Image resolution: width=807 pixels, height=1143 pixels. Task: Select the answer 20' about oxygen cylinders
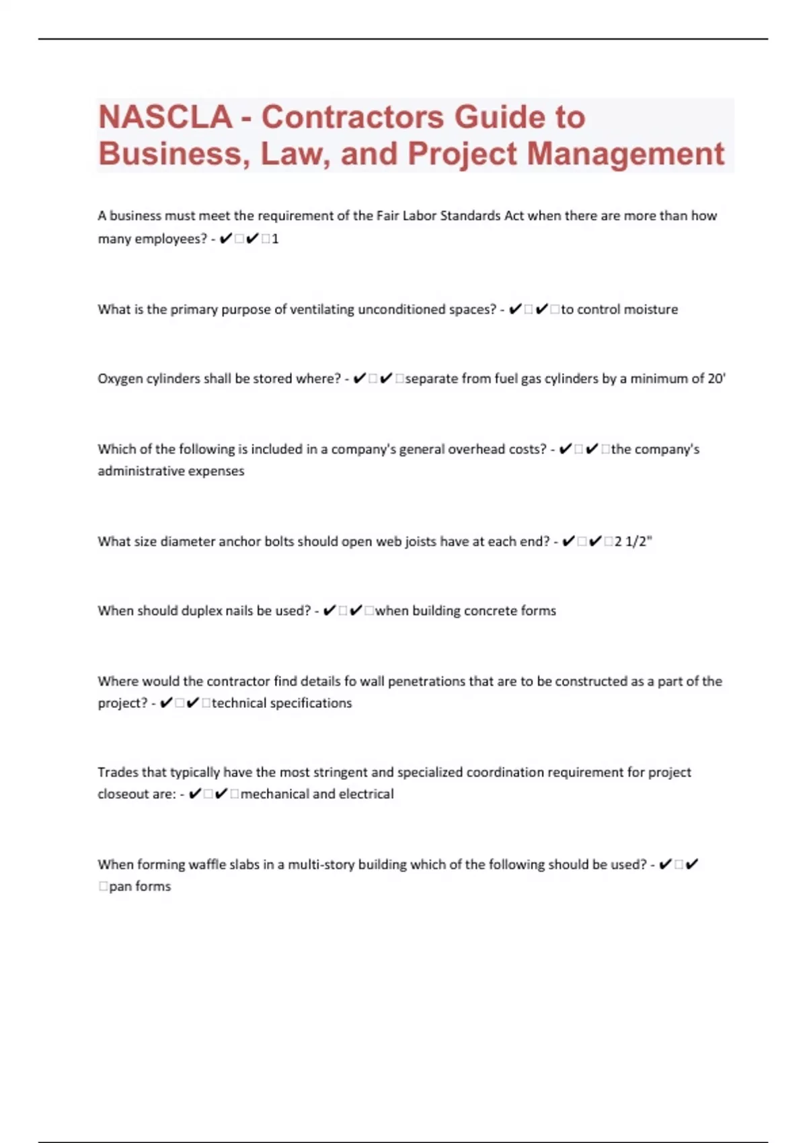(x=717, y=379)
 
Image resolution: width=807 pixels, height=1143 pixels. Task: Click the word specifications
(x=310, y=703)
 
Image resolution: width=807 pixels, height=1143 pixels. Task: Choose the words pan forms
(x=140, y=887)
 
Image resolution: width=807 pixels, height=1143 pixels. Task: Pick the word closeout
(x=125, y=794)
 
